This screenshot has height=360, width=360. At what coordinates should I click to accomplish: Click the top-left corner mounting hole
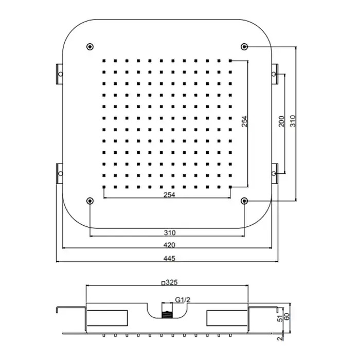pos(90,47)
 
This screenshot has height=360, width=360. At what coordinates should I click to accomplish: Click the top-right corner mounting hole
pos(244,47)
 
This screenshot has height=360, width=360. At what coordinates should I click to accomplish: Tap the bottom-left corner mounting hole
pos(90,201)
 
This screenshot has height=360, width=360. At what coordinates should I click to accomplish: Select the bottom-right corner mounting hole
pos(244,201)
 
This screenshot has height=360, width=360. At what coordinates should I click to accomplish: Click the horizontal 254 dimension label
pos(169,195)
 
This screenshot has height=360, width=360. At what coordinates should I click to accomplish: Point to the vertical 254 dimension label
pos(244,121)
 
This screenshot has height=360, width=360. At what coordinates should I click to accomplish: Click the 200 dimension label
pos(281,121)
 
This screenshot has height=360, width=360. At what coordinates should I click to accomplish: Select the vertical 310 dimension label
pos(293,121)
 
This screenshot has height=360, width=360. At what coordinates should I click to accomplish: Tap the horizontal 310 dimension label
pos(170,232)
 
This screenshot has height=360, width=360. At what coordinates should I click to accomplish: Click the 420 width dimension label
pos(169,245)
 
